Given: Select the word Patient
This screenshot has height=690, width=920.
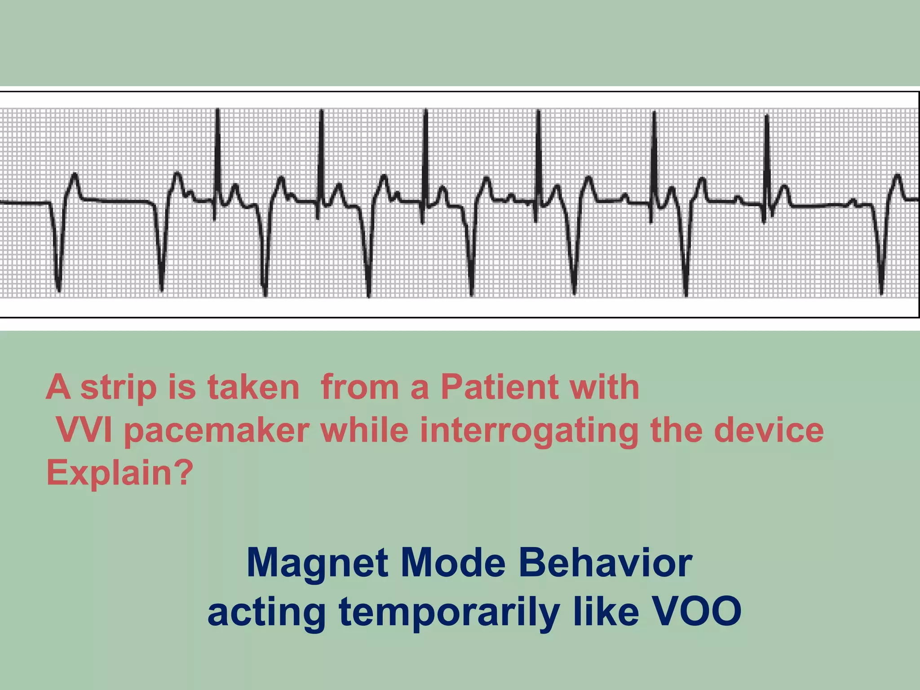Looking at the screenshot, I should pos(500,387).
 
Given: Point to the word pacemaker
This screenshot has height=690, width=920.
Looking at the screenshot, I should pos(217,430).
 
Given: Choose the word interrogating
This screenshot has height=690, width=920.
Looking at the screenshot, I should pos(529,430).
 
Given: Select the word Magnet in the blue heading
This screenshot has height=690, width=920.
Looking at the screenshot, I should pos(317,563).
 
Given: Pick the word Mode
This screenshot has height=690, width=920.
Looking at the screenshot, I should pos(453,563).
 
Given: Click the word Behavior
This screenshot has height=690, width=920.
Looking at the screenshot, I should pos(605,563).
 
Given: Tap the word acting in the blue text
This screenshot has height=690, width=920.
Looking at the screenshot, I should pos(266,612).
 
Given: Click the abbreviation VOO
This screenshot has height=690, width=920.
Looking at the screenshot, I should pos(696,612).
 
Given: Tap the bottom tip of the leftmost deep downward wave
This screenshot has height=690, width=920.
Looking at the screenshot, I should pos(58,290).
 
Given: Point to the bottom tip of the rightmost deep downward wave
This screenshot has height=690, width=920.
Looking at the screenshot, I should pos(881,293).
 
